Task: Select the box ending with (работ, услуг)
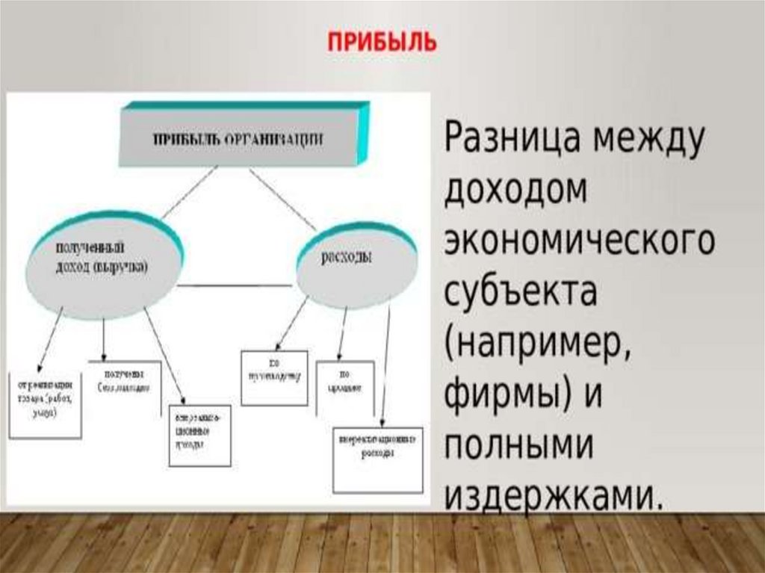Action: coord(45,403)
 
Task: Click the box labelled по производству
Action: coord(274,377)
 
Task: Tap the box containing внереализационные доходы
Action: coord(199,436)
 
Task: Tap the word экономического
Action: coord(579,241)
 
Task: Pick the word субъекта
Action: coord(521,291)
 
